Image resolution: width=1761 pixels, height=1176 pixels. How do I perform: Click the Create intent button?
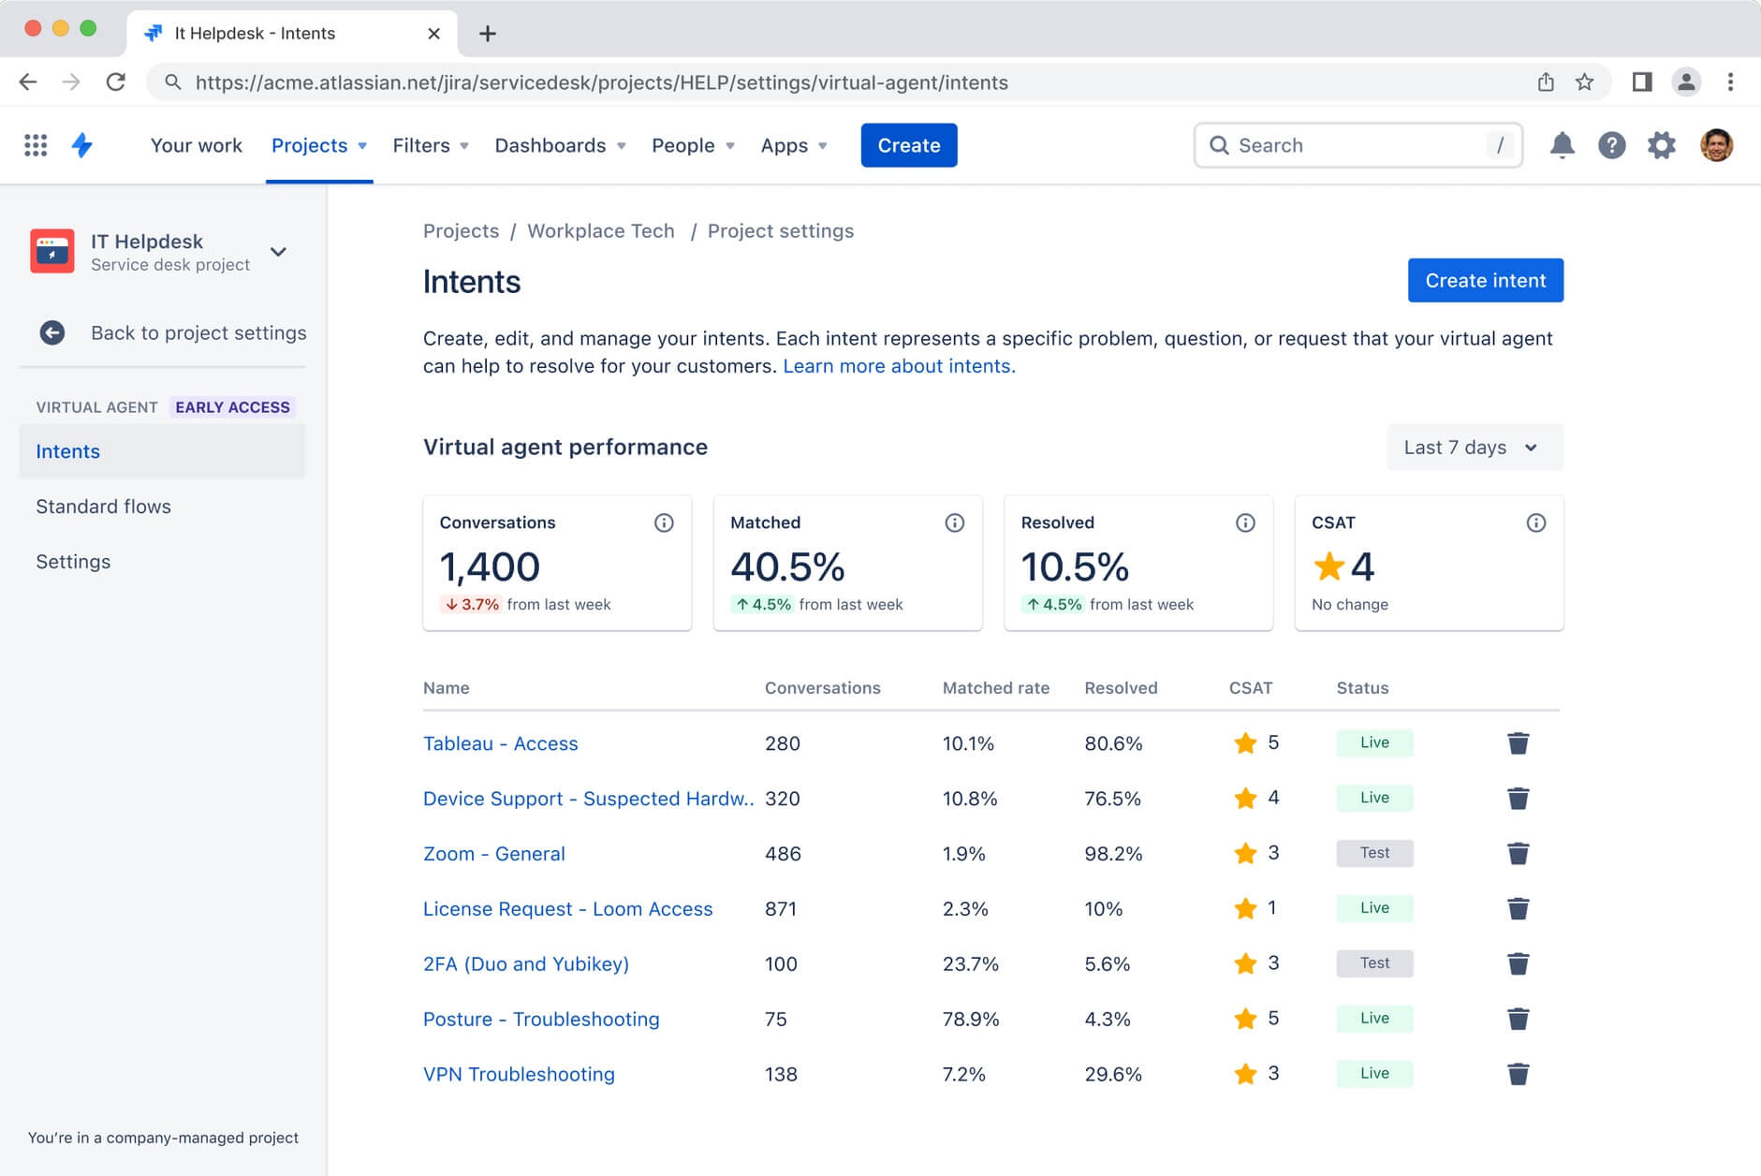coord(1485,280)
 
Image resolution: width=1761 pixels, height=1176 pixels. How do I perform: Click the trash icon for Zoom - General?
coord(1518,853)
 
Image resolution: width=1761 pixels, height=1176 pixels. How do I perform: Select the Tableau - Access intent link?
coord(500,743)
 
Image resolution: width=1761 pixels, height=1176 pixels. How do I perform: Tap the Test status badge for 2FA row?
coord(1373,963)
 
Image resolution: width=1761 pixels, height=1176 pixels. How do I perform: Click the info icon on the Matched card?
coord(954,522)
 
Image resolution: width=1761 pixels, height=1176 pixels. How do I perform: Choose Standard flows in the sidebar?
coord(103,507)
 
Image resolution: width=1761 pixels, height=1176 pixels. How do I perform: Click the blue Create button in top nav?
coord(908,145)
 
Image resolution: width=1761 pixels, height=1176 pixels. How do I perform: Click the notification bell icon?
coord(1562,145)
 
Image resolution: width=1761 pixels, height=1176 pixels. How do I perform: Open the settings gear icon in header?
coord(1661,145)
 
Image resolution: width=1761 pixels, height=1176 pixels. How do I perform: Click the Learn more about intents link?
coord(898,366)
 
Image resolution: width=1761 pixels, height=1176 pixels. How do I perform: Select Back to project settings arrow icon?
coord(52,332)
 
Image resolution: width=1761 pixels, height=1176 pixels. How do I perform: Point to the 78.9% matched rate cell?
coord(970,1019)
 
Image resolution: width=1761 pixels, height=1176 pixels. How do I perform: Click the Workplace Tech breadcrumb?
coord(600,231)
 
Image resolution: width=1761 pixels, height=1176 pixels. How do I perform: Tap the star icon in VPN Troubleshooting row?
coord(1245,1074)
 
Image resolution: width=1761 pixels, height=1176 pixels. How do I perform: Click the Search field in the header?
coord(1357,145)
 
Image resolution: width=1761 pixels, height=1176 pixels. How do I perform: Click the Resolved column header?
coord(1120,688)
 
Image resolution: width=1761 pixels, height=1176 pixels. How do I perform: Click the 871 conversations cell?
coord(781,908)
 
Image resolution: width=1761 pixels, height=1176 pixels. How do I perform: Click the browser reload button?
coord(116,82)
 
